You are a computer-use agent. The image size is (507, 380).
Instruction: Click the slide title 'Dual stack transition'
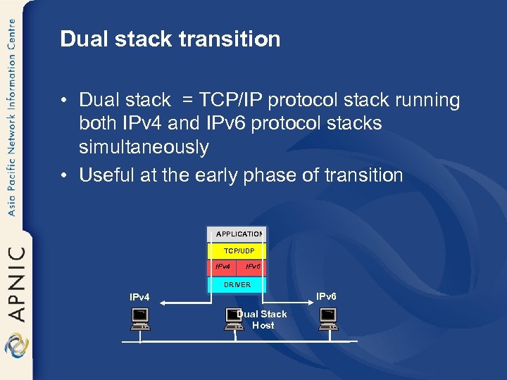(170, 39)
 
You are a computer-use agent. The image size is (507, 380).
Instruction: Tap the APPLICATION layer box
(237, 234)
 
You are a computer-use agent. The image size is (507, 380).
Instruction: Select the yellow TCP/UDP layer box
(237, 251)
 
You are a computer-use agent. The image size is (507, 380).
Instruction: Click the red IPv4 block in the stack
(223, 267)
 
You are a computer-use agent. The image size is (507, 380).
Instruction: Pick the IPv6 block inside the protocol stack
(252, 267)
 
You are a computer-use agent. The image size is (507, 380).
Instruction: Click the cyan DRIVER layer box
(237, 284)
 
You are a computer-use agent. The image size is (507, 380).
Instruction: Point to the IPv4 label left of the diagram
(140, 297)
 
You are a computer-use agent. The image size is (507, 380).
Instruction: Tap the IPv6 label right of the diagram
(326, 296)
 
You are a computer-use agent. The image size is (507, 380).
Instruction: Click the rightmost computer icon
(328, 319)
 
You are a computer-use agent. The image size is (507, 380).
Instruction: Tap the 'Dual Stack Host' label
(262, 319)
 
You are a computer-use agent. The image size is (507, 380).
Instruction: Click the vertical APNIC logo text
(15, 282)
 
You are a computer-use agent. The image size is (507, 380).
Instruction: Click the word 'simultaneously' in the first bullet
(144, 147)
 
